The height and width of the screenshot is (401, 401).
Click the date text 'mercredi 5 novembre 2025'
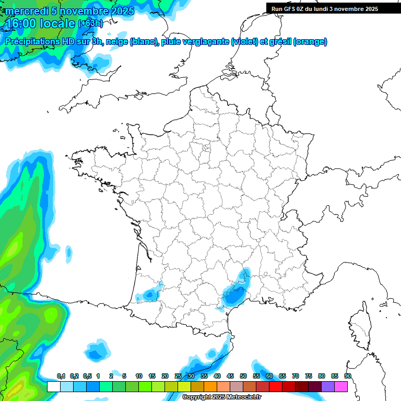(69, 11)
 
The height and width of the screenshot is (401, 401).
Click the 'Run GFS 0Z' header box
(326, 9)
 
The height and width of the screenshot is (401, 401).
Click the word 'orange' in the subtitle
(310, 42)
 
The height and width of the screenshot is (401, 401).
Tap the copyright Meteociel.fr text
(221, 397)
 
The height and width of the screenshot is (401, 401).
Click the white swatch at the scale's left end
(53, 386)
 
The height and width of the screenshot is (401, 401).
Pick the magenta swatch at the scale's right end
(341, 386)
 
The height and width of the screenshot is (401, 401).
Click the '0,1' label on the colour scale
(61, 376)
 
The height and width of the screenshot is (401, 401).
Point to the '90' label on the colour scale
(347, 376)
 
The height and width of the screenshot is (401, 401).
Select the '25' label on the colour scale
(178, 376)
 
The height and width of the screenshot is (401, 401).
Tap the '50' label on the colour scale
(243, 376)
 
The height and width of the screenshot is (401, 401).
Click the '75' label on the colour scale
(309, 376)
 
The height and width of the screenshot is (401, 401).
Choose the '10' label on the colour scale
(139, 376)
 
